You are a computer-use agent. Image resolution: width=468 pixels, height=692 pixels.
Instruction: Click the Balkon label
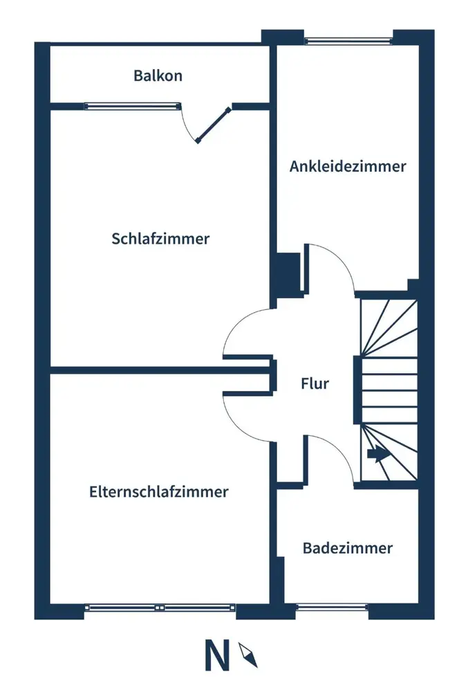point(158,75)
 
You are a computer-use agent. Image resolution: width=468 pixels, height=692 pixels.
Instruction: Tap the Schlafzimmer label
point(160,239)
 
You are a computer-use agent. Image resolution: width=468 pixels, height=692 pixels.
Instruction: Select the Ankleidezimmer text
point(348,166)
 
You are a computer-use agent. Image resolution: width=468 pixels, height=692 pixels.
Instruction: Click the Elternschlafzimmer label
point(158,492)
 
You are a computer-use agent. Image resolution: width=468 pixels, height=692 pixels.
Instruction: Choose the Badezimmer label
point(348,548)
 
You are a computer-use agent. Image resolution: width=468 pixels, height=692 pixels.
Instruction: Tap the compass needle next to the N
point(247,654)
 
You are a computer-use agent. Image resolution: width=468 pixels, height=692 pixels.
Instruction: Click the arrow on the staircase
point(376,455)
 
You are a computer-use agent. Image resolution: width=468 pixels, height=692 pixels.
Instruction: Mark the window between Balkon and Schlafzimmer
point(131,106)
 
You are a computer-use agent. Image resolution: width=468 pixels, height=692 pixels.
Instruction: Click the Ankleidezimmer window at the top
point(348,40)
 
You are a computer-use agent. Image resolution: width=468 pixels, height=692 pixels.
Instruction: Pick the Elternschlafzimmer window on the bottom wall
point(160,608)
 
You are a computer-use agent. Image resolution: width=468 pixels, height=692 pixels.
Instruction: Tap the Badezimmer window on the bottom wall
point(331,608)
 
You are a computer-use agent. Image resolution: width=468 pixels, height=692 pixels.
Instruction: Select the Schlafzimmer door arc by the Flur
point(239,325)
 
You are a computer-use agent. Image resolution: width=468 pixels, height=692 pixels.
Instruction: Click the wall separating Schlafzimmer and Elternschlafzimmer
point(159,370)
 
